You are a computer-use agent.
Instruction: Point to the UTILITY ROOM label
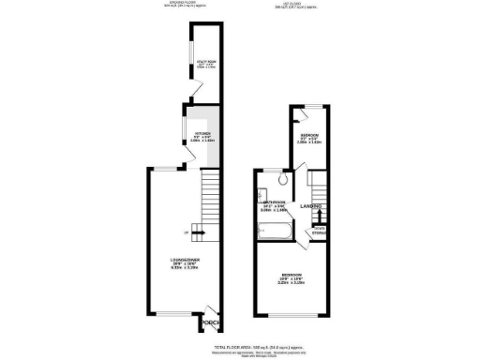pos(206,64)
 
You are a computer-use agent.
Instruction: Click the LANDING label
pos(311,206)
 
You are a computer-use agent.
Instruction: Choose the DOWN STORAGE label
pos(318,230)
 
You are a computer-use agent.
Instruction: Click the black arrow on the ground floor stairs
pos(198,233)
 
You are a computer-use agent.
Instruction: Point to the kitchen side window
pos(184,127)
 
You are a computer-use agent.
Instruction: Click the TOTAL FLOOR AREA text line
pos(240,346)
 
